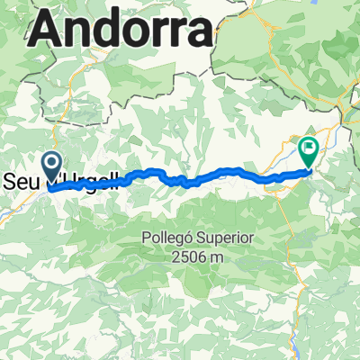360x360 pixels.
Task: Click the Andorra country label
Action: pos(122,33)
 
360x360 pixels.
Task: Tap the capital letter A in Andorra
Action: pos(49,33)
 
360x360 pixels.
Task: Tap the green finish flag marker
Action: pos(309,148)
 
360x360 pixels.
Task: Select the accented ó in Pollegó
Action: pos(192,238)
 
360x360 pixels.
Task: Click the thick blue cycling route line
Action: pos(225,173)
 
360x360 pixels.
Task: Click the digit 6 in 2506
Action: pos(203,257)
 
